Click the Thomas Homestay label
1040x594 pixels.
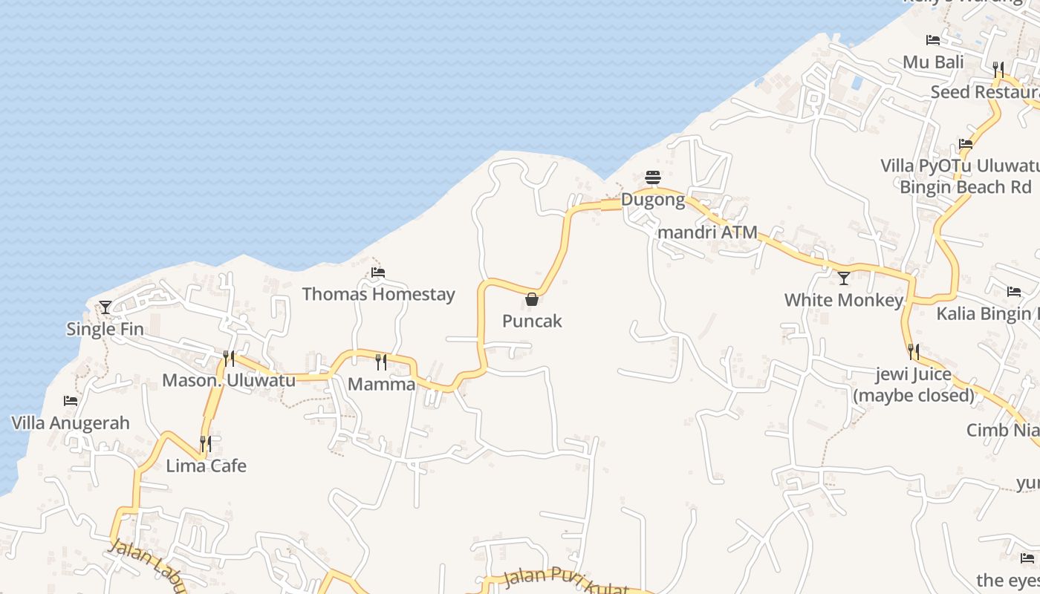coord(378,294)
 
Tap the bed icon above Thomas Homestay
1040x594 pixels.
coord(378,272)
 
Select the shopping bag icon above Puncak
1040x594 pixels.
coord(532,299)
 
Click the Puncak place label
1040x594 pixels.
coord(532,321)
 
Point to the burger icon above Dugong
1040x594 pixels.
coord(653,177)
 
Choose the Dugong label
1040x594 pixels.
coord(653,199)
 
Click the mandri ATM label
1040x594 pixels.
coord(708,232)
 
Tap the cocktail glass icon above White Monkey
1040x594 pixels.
coord(843,278)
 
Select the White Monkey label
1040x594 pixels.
coord(843,300)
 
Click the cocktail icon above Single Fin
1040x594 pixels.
coord(105,307)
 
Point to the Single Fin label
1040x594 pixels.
coord(105,329)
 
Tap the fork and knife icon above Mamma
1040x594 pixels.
coord(381,362)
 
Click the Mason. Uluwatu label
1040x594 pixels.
coord(229,381)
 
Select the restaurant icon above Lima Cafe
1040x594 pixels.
coord(206,444)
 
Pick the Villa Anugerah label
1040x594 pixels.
coord(71,423)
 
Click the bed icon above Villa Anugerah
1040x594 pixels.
coord(71,401)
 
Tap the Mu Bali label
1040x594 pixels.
coord(933,62)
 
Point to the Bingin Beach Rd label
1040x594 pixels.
coord(966,187)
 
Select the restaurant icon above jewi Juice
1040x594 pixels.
coord(913,351)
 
